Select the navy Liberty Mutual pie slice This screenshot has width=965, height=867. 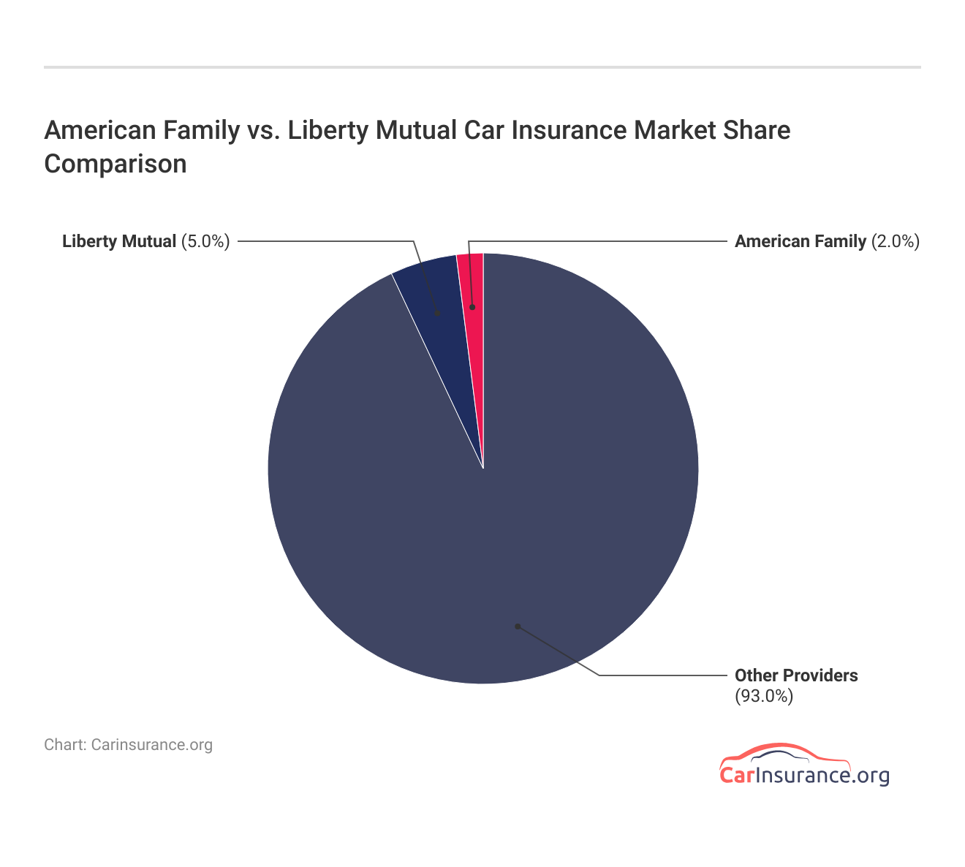point(434,292)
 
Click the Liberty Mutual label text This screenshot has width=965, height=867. point(119,241)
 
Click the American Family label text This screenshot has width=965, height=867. point(800,241)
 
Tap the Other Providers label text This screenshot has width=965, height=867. point(796,675)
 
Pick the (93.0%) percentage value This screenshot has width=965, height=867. point(764,696)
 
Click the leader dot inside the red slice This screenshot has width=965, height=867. point(472,307)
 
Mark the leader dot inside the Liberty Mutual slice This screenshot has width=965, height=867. point(437,313)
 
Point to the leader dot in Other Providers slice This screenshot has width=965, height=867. point(517,626)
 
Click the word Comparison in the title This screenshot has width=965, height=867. point(116,163)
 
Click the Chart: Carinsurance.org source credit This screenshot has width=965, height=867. point(128,745)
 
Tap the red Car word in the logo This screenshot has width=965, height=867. point(736,776)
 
